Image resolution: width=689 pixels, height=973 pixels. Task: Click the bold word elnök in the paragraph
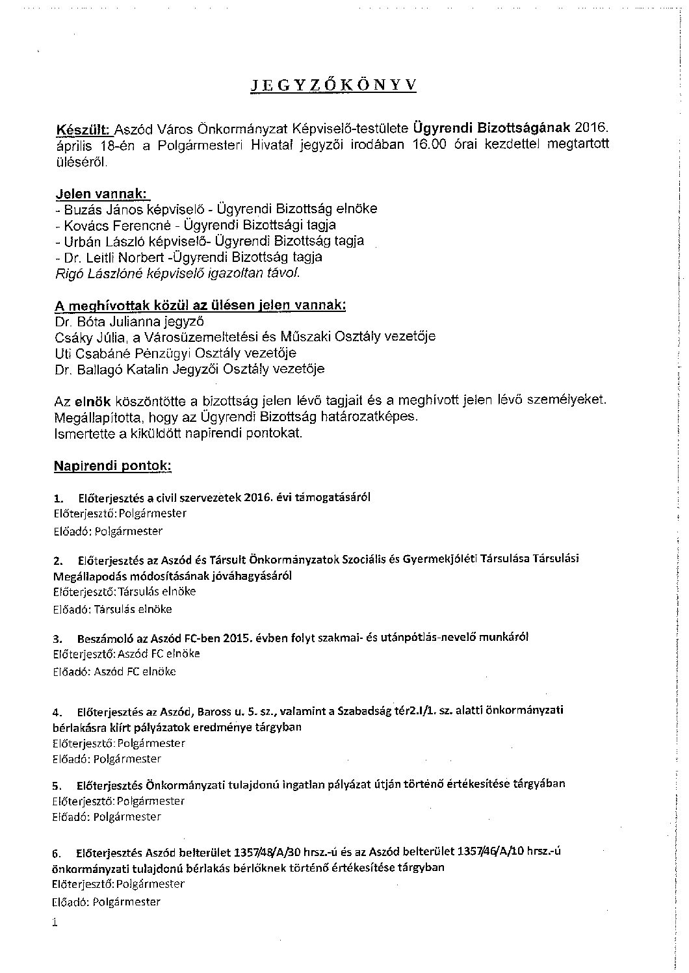pos(93,401)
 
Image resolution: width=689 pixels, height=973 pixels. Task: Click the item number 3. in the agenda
pos(58,638)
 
